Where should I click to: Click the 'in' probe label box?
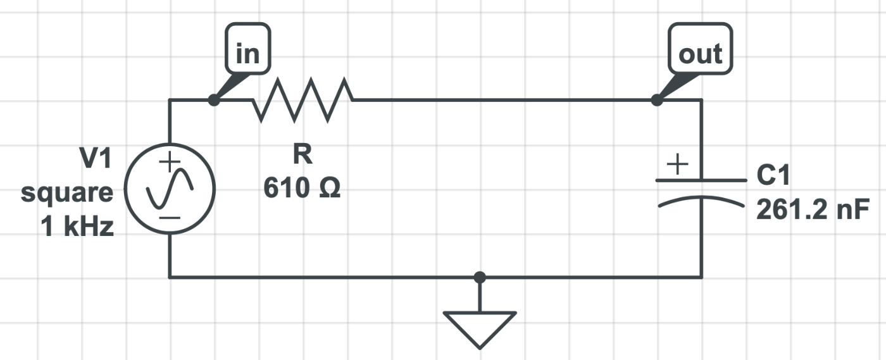click(248, 48)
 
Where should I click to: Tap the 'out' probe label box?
click(700, 48)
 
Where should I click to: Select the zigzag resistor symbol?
click(303, 100)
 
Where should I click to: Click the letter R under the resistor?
click(303, 154)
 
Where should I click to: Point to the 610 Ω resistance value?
click(302, 187)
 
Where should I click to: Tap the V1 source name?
click(96, 158)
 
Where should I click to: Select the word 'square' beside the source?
click(67, 194)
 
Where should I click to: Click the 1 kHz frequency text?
click(77, 227)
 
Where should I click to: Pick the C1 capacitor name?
click(773, 175)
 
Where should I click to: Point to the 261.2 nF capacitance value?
click(813, 209)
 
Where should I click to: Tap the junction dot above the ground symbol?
click(480, 278)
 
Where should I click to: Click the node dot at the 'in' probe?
click(214, 100)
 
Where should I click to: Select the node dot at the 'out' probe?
click(657, 100)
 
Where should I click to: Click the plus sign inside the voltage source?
click(170, 162)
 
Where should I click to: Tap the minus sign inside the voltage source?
click(170, 218)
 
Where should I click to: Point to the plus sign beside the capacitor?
click(678, 164)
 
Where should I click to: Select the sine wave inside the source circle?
click(170, 189)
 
